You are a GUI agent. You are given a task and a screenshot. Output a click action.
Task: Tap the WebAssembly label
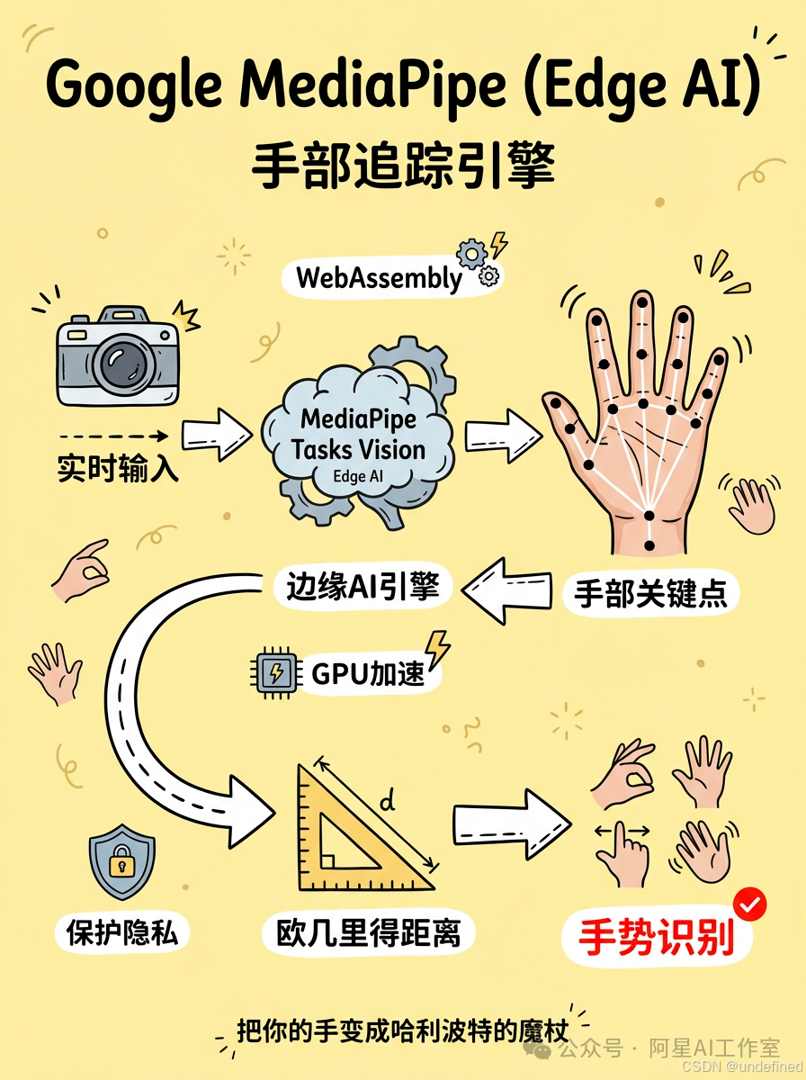pyautogui.click(x=379, y=278)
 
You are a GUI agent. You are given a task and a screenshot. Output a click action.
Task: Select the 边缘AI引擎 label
pyautogui.click(x=363, y=587)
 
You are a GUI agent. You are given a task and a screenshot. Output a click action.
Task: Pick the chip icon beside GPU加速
pyautogui.click(x=275, y=672)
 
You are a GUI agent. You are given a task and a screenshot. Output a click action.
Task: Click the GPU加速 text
pyautogui.click(x=367, y=673)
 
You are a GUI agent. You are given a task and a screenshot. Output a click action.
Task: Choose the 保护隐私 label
pyautogui.click(x=122, y=933)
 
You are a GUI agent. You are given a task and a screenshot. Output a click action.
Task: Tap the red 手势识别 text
pyautogui.click(x=655, y=938)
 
